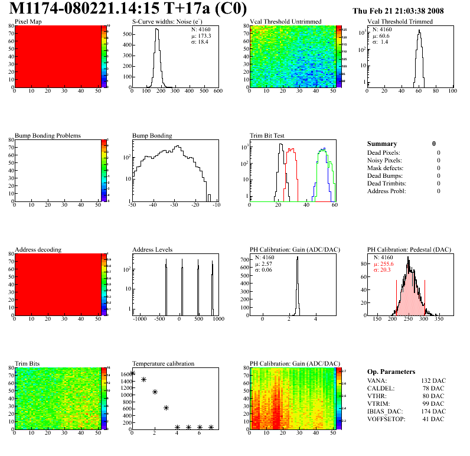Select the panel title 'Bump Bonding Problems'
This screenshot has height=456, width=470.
coord(48,135)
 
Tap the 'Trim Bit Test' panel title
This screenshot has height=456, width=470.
coord(267,135)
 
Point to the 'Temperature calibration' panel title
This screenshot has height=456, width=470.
coord(164,363)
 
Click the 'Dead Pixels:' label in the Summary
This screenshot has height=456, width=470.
coord(384,152)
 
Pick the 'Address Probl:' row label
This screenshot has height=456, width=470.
coord(387,191)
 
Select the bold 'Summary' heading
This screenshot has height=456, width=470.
coord(382,144)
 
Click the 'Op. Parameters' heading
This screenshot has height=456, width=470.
coord(391,372)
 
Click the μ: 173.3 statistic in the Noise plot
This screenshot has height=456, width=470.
coord(202,36)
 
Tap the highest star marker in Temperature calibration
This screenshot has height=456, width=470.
coord(132,373)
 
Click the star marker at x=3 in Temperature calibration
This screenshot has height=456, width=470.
coord(166,408)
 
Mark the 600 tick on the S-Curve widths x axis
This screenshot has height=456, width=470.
coord(218,92)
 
